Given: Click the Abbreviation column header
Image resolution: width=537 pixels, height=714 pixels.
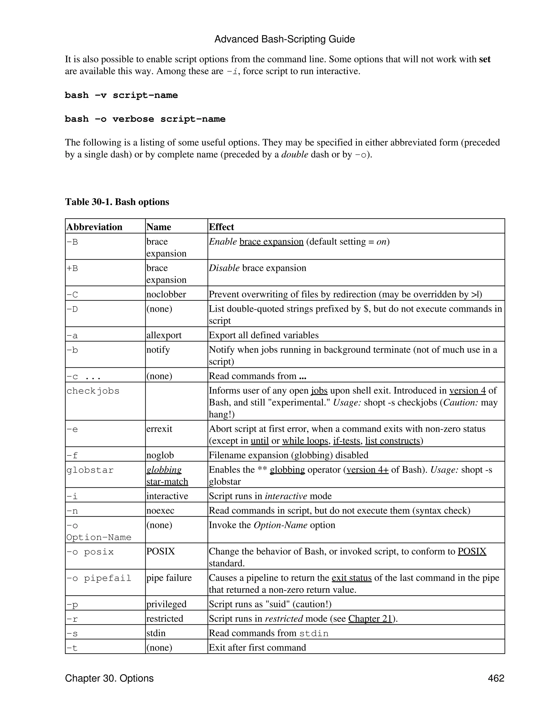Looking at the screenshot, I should [94, 227].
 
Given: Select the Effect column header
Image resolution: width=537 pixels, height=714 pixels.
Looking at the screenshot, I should [221, 227].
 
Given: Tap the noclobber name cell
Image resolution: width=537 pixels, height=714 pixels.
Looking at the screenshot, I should [166, 294].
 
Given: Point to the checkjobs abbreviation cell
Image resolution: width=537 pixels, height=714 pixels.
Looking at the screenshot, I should [93, 391].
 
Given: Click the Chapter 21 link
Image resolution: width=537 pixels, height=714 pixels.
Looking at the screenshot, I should [370, 618].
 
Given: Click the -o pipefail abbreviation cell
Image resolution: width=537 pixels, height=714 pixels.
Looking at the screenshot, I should [99, 578].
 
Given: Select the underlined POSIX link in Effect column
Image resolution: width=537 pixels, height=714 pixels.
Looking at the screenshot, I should [472, 551].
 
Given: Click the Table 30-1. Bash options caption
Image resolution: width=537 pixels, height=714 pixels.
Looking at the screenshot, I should [117, 202].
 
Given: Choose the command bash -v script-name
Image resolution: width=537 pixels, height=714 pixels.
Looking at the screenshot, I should [121, 95].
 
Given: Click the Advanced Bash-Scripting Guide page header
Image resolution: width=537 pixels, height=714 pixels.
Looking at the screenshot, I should [284, 39].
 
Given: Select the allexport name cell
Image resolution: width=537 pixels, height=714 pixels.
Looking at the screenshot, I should [164, 335].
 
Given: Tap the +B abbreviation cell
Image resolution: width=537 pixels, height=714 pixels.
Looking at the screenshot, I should [72, 268].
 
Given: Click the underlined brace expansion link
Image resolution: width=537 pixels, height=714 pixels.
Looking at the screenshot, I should [271, 241].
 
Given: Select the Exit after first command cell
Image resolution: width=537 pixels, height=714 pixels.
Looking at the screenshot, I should [257, 647].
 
